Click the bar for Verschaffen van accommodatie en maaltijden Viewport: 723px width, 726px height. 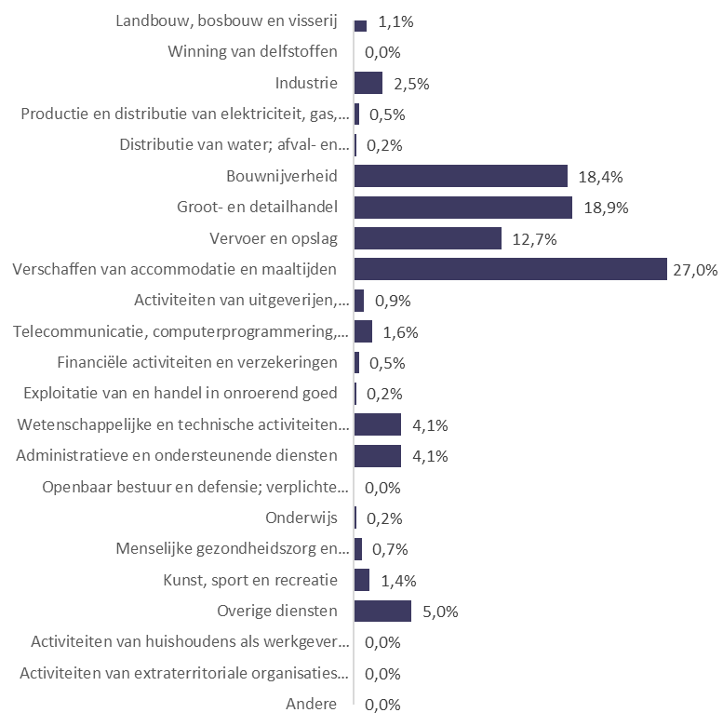[x=511, y=270]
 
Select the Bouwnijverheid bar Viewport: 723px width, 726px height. [x=461, y=177]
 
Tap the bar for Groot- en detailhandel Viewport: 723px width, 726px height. [x=463, y=208]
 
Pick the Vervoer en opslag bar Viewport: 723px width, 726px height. [x=428, y=239]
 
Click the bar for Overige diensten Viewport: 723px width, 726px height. [x=382, y=612]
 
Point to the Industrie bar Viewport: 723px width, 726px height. [x=368, y=84]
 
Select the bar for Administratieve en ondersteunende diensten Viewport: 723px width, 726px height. [x=378, y=456]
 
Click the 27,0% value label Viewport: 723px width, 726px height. [x=694, y=270]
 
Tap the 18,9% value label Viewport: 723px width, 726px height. [x=606, y=208]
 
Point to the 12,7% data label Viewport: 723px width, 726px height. [x=534, y=239]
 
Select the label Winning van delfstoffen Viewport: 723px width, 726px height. [x=252, y=52]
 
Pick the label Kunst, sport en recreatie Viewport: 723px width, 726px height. [x=250, y=581]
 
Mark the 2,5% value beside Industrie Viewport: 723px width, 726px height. [x=410, y=84]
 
